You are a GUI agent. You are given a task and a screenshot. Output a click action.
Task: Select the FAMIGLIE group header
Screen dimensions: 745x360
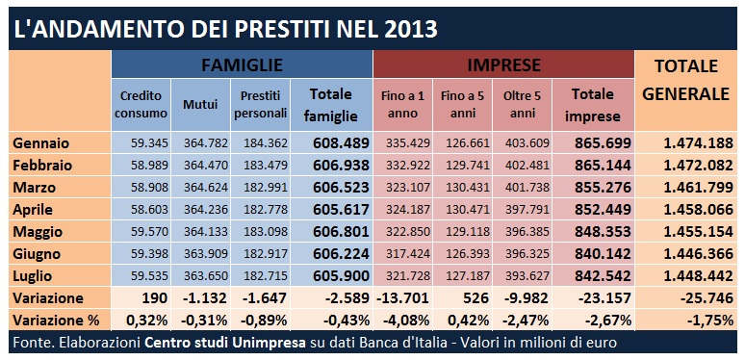(242, 64)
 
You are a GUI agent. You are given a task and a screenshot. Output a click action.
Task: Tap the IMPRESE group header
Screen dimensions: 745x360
(503, 64)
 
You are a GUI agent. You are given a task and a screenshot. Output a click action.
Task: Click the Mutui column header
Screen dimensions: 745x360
(200, 104)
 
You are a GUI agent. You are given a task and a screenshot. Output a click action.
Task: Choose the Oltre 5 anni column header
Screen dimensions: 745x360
(522, 105)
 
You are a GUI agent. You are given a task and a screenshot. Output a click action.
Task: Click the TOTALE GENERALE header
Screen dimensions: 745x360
(685, 80)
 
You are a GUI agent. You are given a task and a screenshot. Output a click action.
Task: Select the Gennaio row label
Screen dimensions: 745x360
(41, 143)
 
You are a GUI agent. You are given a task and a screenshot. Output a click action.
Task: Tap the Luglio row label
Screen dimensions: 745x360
(33, 276)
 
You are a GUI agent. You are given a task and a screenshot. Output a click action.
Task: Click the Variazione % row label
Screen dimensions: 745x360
(56, 321)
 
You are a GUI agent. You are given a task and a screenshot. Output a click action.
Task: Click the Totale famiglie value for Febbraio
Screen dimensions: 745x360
(341, 166)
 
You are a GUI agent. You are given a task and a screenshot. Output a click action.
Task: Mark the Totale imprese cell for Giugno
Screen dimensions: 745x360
(603, 253)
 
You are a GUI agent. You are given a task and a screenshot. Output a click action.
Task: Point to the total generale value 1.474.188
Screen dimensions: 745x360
(699, 143)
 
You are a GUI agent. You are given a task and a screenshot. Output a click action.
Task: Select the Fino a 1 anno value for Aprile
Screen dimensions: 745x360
(408, 210)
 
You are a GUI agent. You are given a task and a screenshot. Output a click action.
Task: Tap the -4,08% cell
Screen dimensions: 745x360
(404, 321)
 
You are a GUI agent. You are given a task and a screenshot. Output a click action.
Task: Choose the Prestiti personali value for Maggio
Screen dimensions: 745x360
(266, 232)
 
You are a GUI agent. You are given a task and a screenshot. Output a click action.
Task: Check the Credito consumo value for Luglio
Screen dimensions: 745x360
(149, 276)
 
